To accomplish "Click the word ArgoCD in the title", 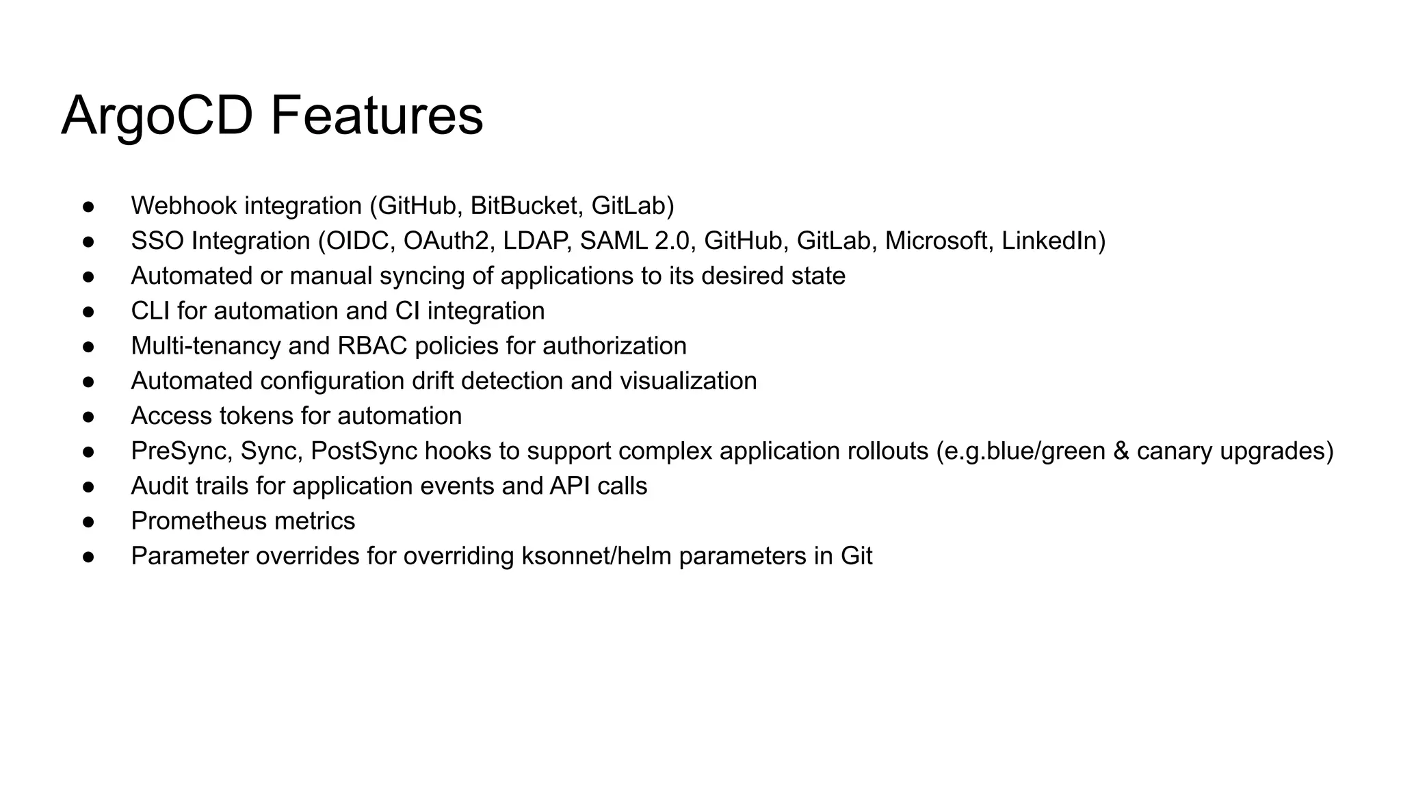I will [x=157, y=116].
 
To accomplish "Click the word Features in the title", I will [x=377, y=116].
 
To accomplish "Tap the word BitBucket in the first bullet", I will [x=527, y=206].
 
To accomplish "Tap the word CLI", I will [x=150, y=311].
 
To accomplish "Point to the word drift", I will [x=434, y=381].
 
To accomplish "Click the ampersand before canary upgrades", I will [x=1121, y=451].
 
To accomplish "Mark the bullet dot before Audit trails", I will [x=88, y=487].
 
